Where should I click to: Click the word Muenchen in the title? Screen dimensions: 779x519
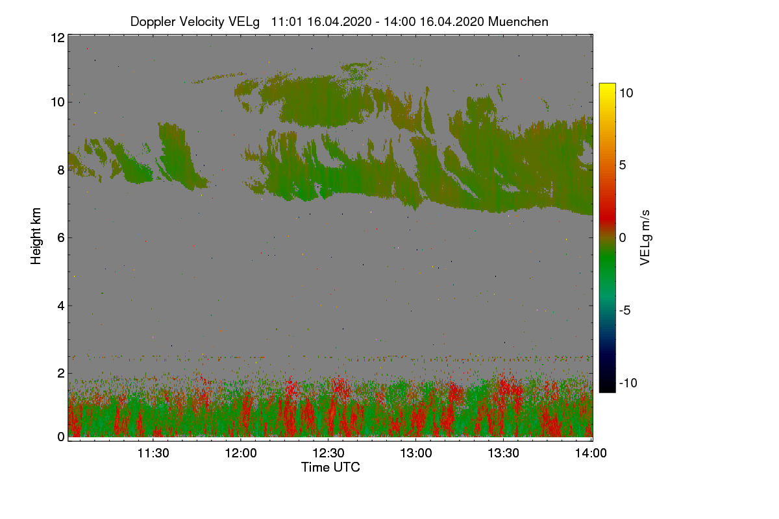[518, 22]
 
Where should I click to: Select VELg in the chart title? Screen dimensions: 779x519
[243, 22]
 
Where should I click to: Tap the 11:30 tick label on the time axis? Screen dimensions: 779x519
[153, 453]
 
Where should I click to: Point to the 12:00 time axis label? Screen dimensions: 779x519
[241, 453]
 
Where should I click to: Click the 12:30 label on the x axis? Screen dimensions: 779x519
[328, 453]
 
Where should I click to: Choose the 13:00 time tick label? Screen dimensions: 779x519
[416, 453]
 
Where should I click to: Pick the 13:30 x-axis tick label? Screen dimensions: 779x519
[503, 453]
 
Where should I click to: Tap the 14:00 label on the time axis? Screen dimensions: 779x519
[591, 453]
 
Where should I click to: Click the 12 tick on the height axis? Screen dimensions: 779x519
[58, 38]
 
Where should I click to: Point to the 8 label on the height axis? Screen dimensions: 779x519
[61, 171]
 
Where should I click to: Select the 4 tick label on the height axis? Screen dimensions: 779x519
[61, 306]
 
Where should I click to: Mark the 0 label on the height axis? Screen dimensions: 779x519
[61, 437]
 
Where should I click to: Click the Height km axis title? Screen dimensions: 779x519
[36, 236]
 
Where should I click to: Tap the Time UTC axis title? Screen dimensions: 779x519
[330, 468]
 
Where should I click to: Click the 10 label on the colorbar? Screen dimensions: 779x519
[626, 93]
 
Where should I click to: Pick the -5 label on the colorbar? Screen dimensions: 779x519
[624, 310]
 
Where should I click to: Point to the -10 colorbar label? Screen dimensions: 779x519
[628, 383]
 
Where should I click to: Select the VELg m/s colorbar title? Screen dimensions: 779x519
[645, 238]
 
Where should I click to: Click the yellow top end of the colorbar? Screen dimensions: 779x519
[607, 85]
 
